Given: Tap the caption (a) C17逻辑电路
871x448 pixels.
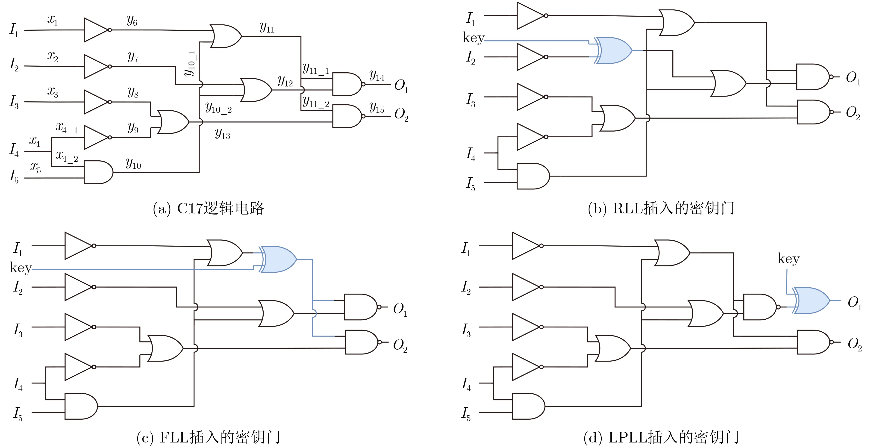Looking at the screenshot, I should coord(208,208).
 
